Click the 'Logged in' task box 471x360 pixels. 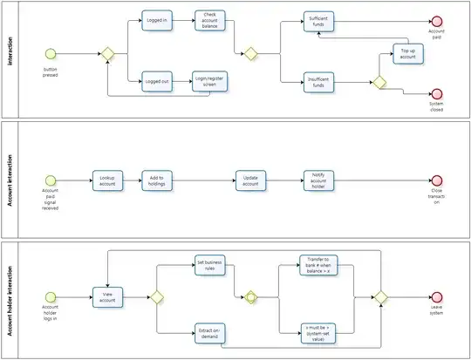(158, 20)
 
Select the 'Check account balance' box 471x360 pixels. (210, 20)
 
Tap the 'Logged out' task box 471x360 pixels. (158, 82)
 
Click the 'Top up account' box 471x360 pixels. (408, 53)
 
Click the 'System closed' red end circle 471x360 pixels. (436, 93)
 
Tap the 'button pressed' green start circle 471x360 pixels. (51, 54)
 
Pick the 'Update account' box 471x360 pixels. (251, 180)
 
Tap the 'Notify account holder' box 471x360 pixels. (318, 180)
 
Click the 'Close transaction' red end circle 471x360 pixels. (436, 180)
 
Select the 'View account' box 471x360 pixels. (109, 297)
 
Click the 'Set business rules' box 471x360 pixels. (210, 267)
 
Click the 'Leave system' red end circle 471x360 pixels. (436, 297)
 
